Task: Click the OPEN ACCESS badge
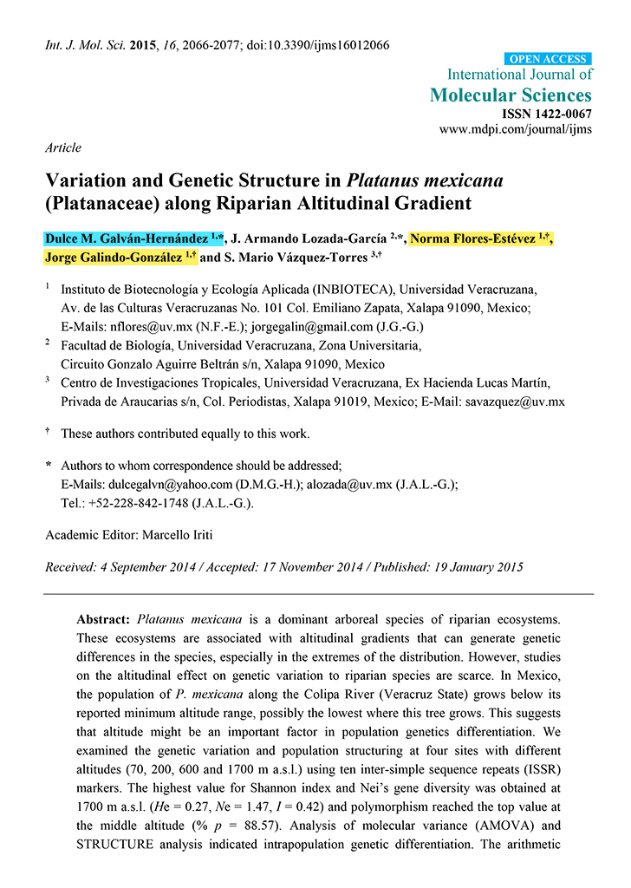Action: pos(549,59)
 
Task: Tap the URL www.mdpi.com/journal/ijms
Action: pos(516,129)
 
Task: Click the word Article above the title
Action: pos(63,147)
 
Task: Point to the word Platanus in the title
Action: pos(385,181)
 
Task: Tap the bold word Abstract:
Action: pos(104,620)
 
